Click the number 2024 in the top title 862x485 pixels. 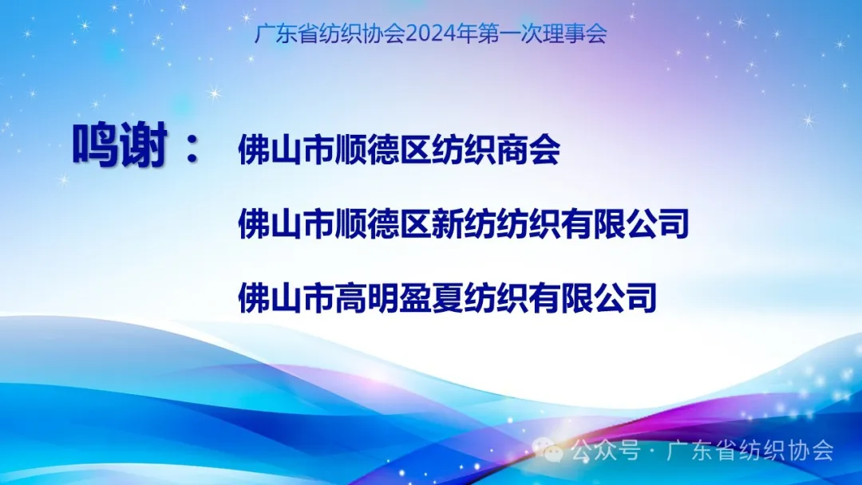pyautogui.click(x=432, y=34)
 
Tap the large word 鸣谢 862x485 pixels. pyautogui.click(x=120, y=145)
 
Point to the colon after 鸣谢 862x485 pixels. pyautogui.click(x=192, y=148)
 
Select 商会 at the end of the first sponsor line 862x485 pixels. pyautogui.click(x=528, y=149)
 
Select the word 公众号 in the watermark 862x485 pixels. pyautogui.click(x=605, y=451)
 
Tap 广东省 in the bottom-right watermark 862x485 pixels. pyautogui.click(x=700, y=451)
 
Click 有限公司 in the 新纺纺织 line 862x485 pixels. pyautogui.click(x=624, y=223)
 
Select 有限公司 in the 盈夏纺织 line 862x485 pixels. pyautogui.click(x=592, y=298)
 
